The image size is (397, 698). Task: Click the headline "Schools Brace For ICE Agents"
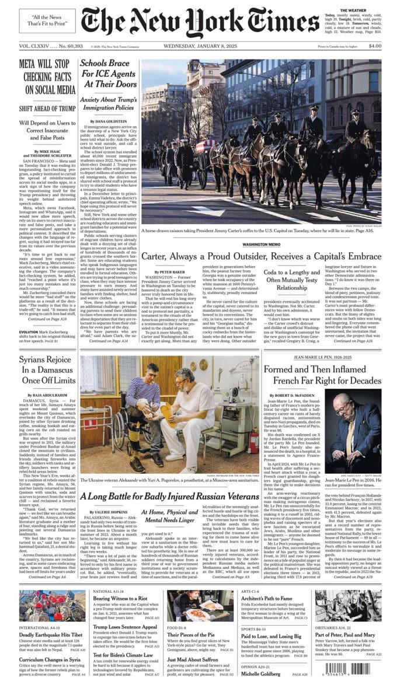click(x=109, y=75)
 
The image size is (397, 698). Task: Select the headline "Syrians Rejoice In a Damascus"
click(x=47, y=369)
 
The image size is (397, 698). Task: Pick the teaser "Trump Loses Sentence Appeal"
click(x=126, y=627)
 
